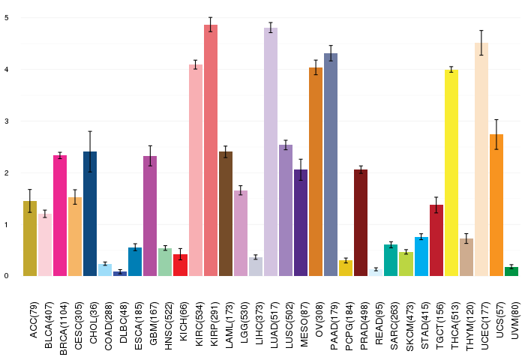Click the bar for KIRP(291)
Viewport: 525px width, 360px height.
tap(211, 150)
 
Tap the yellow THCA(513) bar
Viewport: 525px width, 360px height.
tap(451, 172)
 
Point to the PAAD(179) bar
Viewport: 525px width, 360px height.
tap(331, 164)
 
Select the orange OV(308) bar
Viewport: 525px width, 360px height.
tap(316, 172)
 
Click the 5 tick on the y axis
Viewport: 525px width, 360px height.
tap(7, 17)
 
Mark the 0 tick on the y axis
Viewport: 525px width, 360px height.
tap(7, 276)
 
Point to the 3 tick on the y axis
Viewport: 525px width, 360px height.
tap(7, 121)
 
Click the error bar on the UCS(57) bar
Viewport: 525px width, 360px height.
tap(496, 134)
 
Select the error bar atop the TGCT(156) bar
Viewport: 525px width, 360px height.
tap(436, 205)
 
